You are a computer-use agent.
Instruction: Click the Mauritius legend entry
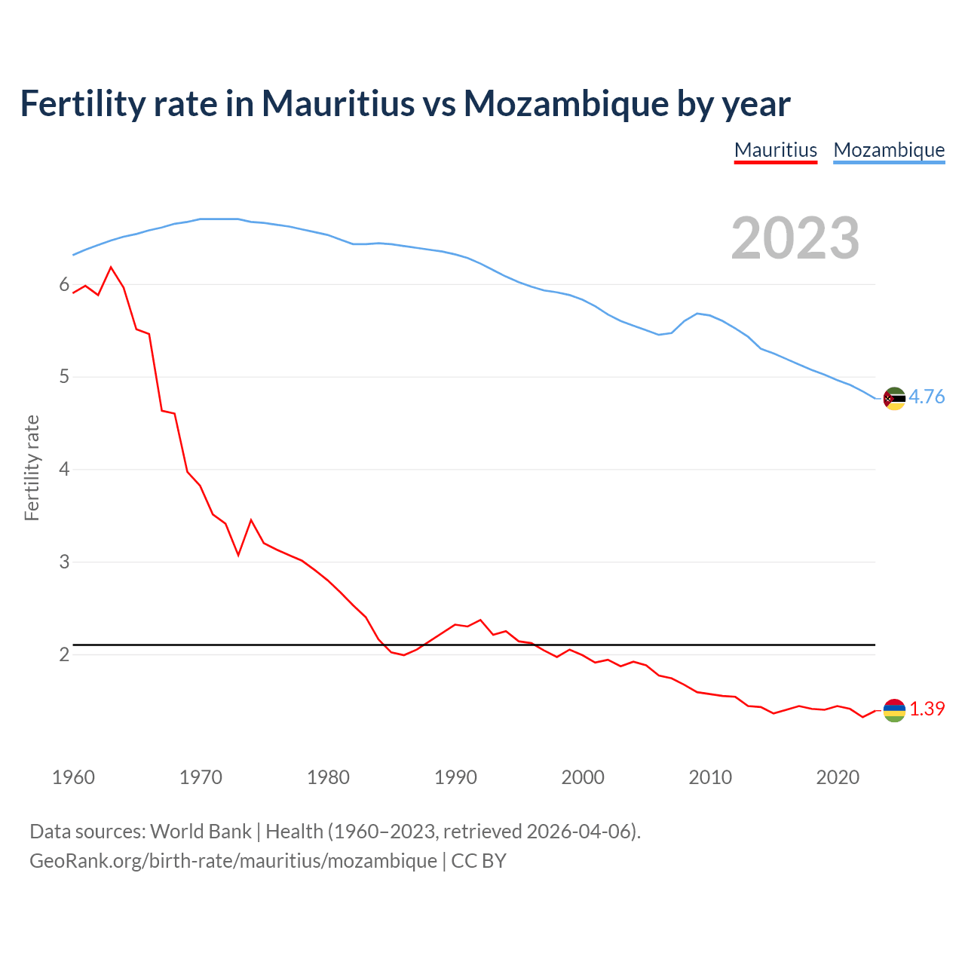pyautogui.click(x=776, y=150)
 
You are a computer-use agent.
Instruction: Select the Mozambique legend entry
pyautogui.click(x=889, y=150)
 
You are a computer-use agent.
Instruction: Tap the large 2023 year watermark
pyautogui.click(x=795, y=238)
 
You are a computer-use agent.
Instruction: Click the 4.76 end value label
pyautogui.click(x=927, y=397)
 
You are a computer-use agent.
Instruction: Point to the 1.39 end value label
pyautogui.click(x=927, y=709)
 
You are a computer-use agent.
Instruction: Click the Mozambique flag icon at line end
pyautogui.click(x=894, y=399)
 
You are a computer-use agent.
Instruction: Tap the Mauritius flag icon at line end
pyautogui.click(x=894, y=710)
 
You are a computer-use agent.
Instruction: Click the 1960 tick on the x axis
pyautogui.click(x=73, y=777)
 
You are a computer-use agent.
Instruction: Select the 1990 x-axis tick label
pyautogui.click(x=455, y=777)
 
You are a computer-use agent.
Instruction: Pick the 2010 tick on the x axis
pyautogui.click(x=710, y=777)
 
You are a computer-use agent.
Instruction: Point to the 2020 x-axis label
pyautogui.click(x=838, y=777)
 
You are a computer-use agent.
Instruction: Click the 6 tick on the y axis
pyautogui.click(x=64, y=284)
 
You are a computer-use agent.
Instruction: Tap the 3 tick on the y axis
pyautogui.click(x=64, y=562)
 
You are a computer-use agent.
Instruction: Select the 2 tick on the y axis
pyautogui.click(x=64, y=654)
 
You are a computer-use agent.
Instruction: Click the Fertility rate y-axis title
pyautogui.click(x=32, y=467)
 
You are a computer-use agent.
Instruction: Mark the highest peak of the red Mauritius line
pyautogui.click(x=111, y=268)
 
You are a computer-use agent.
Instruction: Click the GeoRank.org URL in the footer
pyautogui.click(x=233, y=861)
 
